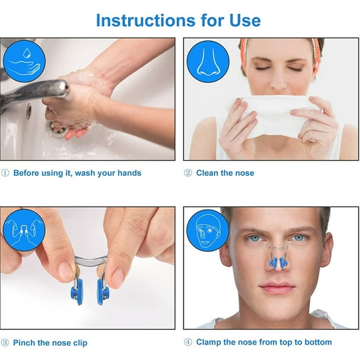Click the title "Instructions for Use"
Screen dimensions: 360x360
click(x=178, y=20)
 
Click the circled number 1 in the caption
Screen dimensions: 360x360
click(x=5, y=173)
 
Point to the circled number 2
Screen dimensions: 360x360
click(x=188, y=173)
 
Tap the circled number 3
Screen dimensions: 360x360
click(x=5, y=343)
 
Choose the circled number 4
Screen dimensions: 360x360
click(x=188, y=342)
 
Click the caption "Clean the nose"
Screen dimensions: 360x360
click(x=225, y=173)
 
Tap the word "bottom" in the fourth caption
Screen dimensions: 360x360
click(x=317, y=342)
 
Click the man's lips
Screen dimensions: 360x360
click(x=277, y=288)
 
